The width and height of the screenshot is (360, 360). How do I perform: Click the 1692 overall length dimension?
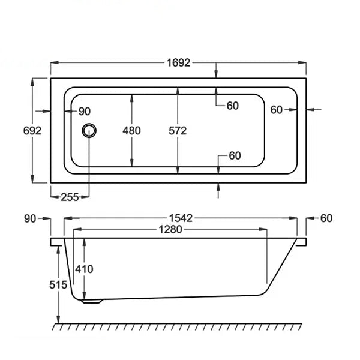click(x=179, y=62)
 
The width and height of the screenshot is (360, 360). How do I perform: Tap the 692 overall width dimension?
click(x=32, y=131)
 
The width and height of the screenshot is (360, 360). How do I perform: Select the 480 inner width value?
click(x=131, y=131)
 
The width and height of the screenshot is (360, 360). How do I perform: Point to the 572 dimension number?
click(x=178, y=131)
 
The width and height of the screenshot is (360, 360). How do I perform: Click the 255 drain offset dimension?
click(x=70, y=197)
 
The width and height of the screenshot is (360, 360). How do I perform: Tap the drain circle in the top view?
click(x=89, y=131)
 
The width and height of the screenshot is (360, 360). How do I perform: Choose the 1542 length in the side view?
click(x=181, y=218)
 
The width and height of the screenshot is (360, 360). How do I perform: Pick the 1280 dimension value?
click(x=170, y=229)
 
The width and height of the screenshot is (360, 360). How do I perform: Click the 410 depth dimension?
click(x=84, y=269)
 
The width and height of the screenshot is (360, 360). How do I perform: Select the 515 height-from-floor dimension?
click(x=58, y=285)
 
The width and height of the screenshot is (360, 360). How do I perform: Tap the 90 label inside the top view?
click(x=85, y=112)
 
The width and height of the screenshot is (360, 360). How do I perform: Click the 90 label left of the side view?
click(x=30, y=219)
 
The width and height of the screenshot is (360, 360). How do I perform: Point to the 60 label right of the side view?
click(x=326, y=218)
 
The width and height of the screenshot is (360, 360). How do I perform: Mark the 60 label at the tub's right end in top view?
click(x=276, y=110)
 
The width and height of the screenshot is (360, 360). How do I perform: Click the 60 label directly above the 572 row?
click(x=233, y=106)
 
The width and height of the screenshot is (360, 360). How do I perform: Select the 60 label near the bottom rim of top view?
click(x=235, y=156)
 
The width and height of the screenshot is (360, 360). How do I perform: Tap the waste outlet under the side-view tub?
click(x=92, y=301)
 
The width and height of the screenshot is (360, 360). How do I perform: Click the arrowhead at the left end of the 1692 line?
click(x=54, y=62)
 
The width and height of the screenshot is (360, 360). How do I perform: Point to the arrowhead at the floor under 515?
click(x=59, y=320)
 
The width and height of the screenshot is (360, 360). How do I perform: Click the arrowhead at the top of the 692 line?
click(x=32, y=82)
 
